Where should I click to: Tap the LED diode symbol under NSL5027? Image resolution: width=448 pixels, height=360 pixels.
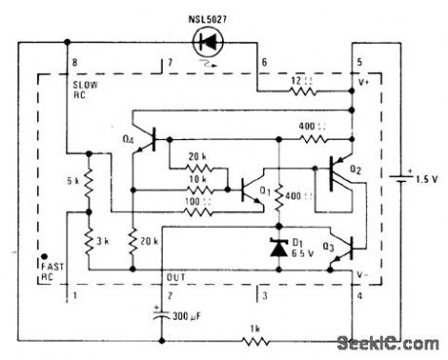(x=206, y=41)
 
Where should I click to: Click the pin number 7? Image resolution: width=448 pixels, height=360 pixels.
(x=168, y=63)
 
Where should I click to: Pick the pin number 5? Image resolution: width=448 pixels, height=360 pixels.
(x=357, y=63)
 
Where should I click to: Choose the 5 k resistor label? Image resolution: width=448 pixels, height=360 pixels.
(x=73, y=180)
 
